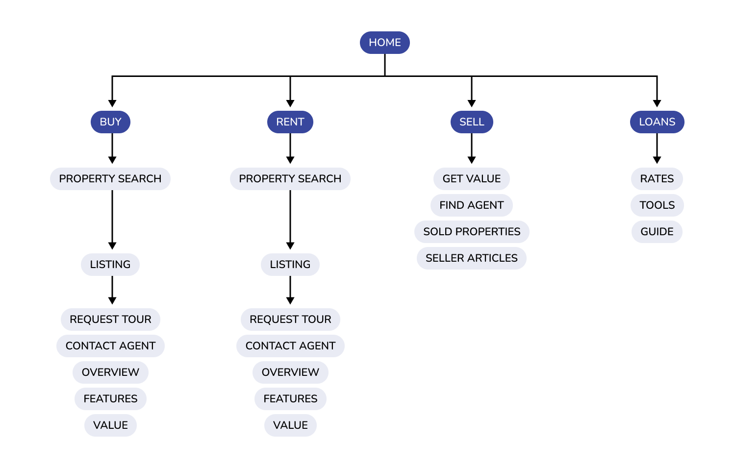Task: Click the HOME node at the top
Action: point(384,43)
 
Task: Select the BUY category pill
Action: point(110,122)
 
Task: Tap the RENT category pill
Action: point(290,122)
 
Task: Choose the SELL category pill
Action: point(472,122)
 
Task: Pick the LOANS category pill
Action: point(657,122)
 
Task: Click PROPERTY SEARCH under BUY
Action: point(110,179)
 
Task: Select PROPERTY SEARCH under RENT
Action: point(290,179)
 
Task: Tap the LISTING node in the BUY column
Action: point(110,265)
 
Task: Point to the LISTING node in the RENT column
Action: point(290,265)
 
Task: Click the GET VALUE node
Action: point(472,179)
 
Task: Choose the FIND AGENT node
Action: point(472,205)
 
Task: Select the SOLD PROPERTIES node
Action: point(472,232)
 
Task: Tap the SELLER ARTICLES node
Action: point(472,258)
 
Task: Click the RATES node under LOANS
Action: point(657,179)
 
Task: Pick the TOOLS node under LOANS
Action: point(657,205)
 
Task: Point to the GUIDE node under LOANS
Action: point(657,232)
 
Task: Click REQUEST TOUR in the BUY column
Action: point(110,320)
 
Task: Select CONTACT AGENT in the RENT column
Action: point(290,346)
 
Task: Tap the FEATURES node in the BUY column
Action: point(110,399)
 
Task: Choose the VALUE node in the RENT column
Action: point(290,425)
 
